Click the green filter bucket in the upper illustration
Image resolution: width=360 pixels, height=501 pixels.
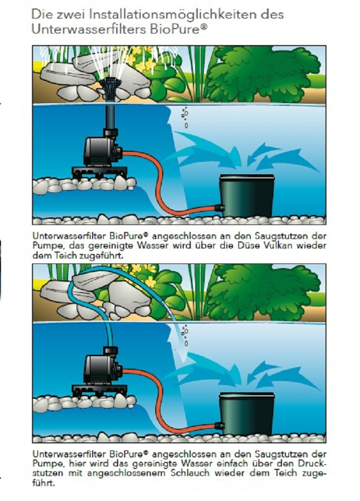click(x=247, y=195)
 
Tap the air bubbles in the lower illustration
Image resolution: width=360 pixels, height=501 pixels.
click(x=185, y=335)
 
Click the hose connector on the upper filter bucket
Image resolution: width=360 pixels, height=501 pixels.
click(x=220, y=208)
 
